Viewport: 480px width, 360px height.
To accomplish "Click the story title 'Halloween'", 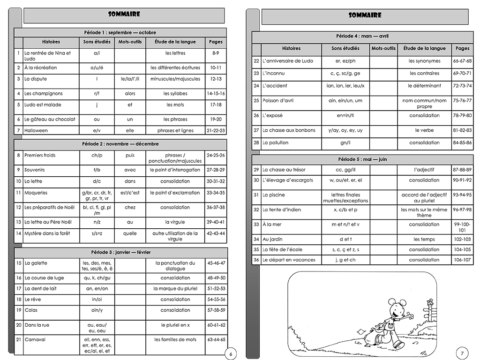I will click(x=36, y=130).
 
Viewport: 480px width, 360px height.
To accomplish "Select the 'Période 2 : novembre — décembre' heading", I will click(x=120, y=144).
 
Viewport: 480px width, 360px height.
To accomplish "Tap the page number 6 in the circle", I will click(x=230, y=354).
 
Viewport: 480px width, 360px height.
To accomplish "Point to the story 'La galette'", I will click(x=36, y=263).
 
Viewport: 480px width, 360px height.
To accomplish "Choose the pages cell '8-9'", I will click(x=216, y=53).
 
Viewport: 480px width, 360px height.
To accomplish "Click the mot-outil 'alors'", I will click(x=130, y=93).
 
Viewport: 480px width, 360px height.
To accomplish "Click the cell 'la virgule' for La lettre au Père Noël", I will click(x=175, y=222).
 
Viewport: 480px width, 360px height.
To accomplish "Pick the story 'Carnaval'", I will click(x=35, y=339).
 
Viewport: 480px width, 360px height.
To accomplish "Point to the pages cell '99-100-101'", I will click(x=462, y=227).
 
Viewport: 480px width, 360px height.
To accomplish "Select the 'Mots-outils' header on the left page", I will click(x=130, y=42).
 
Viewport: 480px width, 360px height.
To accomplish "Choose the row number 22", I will click(x=256, y=61).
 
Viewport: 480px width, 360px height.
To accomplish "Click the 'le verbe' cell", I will click(x=424, y=130).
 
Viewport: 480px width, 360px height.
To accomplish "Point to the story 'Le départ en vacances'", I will click(x=289, y=260).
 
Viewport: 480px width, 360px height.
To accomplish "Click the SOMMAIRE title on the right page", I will click(x=365, y=15).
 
